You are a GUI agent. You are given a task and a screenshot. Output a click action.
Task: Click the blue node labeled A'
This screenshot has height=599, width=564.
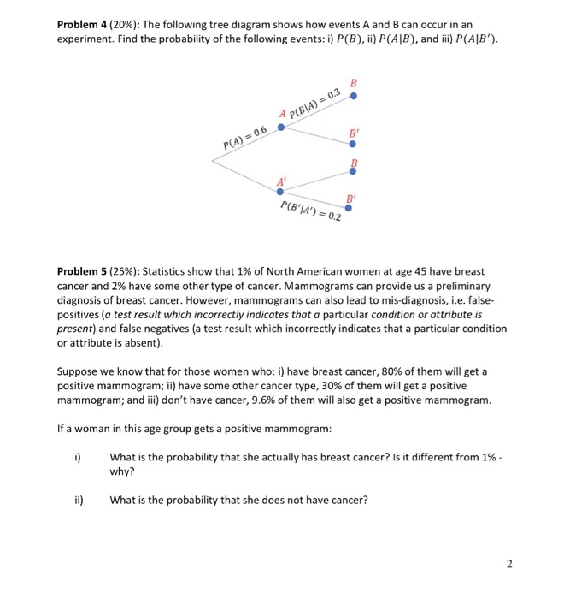click(279, 191)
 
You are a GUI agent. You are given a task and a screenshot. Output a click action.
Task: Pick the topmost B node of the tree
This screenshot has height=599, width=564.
click(353, 97)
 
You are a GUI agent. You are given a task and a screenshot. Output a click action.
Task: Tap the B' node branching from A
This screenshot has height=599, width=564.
click(352, 144)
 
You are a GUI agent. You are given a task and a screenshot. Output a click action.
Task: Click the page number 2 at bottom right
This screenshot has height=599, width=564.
click(509, 563)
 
